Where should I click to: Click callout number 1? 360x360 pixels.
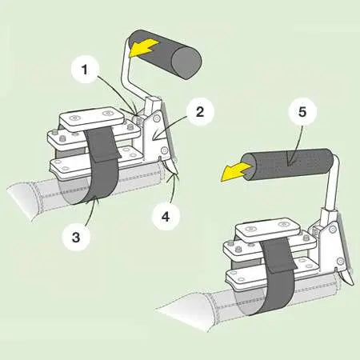[85, 70]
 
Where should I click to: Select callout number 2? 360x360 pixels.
[200, 112]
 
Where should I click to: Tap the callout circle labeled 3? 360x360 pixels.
[76, 237]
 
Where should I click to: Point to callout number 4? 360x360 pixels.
[166, 217]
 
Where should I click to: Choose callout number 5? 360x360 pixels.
[302, 112]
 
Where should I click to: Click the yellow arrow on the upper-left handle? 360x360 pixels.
[144, 47]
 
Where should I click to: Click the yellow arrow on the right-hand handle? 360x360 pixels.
[237, 172]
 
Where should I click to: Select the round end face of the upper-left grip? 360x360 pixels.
[186, 62]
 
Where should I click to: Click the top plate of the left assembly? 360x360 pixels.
[92, 118]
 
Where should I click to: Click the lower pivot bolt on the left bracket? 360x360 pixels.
[165, 150]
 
